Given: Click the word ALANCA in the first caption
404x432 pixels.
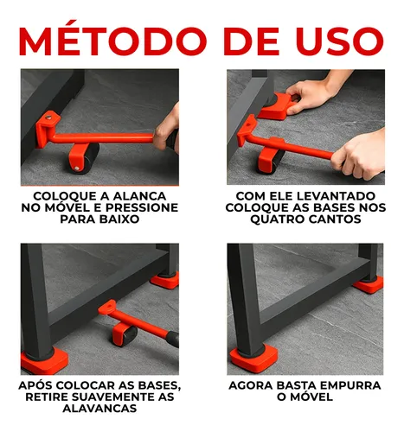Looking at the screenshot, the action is pyautogui.click(x=140, y=196).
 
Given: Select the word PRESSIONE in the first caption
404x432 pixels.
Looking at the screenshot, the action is pyautogui.click(x=142, y=207).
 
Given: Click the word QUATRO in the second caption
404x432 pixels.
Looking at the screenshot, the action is pyautogui.click(x=277, y=219).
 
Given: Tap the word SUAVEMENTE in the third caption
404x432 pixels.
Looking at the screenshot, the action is pyautogui.click(x=114, y=397).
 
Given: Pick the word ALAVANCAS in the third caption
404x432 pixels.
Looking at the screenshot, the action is pyautogui.click(x=99, y=409).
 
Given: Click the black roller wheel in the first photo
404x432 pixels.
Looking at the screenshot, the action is pyautogui.click(x=87, y=158).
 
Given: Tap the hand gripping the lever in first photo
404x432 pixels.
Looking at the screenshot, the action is pyautogui.click(x=167, y=130).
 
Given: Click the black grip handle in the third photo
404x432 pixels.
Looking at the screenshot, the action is pyautogui.click(x=172, y=339).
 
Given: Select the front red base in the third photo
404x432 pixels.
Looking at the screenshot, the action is pyautogui.click(x=44, y=360).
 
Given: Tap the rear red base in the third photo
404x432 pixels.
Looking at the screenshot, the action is pyautogui.click(x=165, y=280).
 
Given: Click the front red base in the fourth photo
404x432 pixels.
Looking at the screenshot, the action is pyautogui.click(x=253, y=358).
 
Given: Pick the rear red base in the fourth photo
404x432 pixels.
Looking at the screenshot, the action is pyautogui.click(x=369, y=284).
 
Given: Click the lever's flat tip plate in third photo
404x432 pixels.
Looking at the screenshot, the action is pyautogui.click(x=107, y=308).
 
